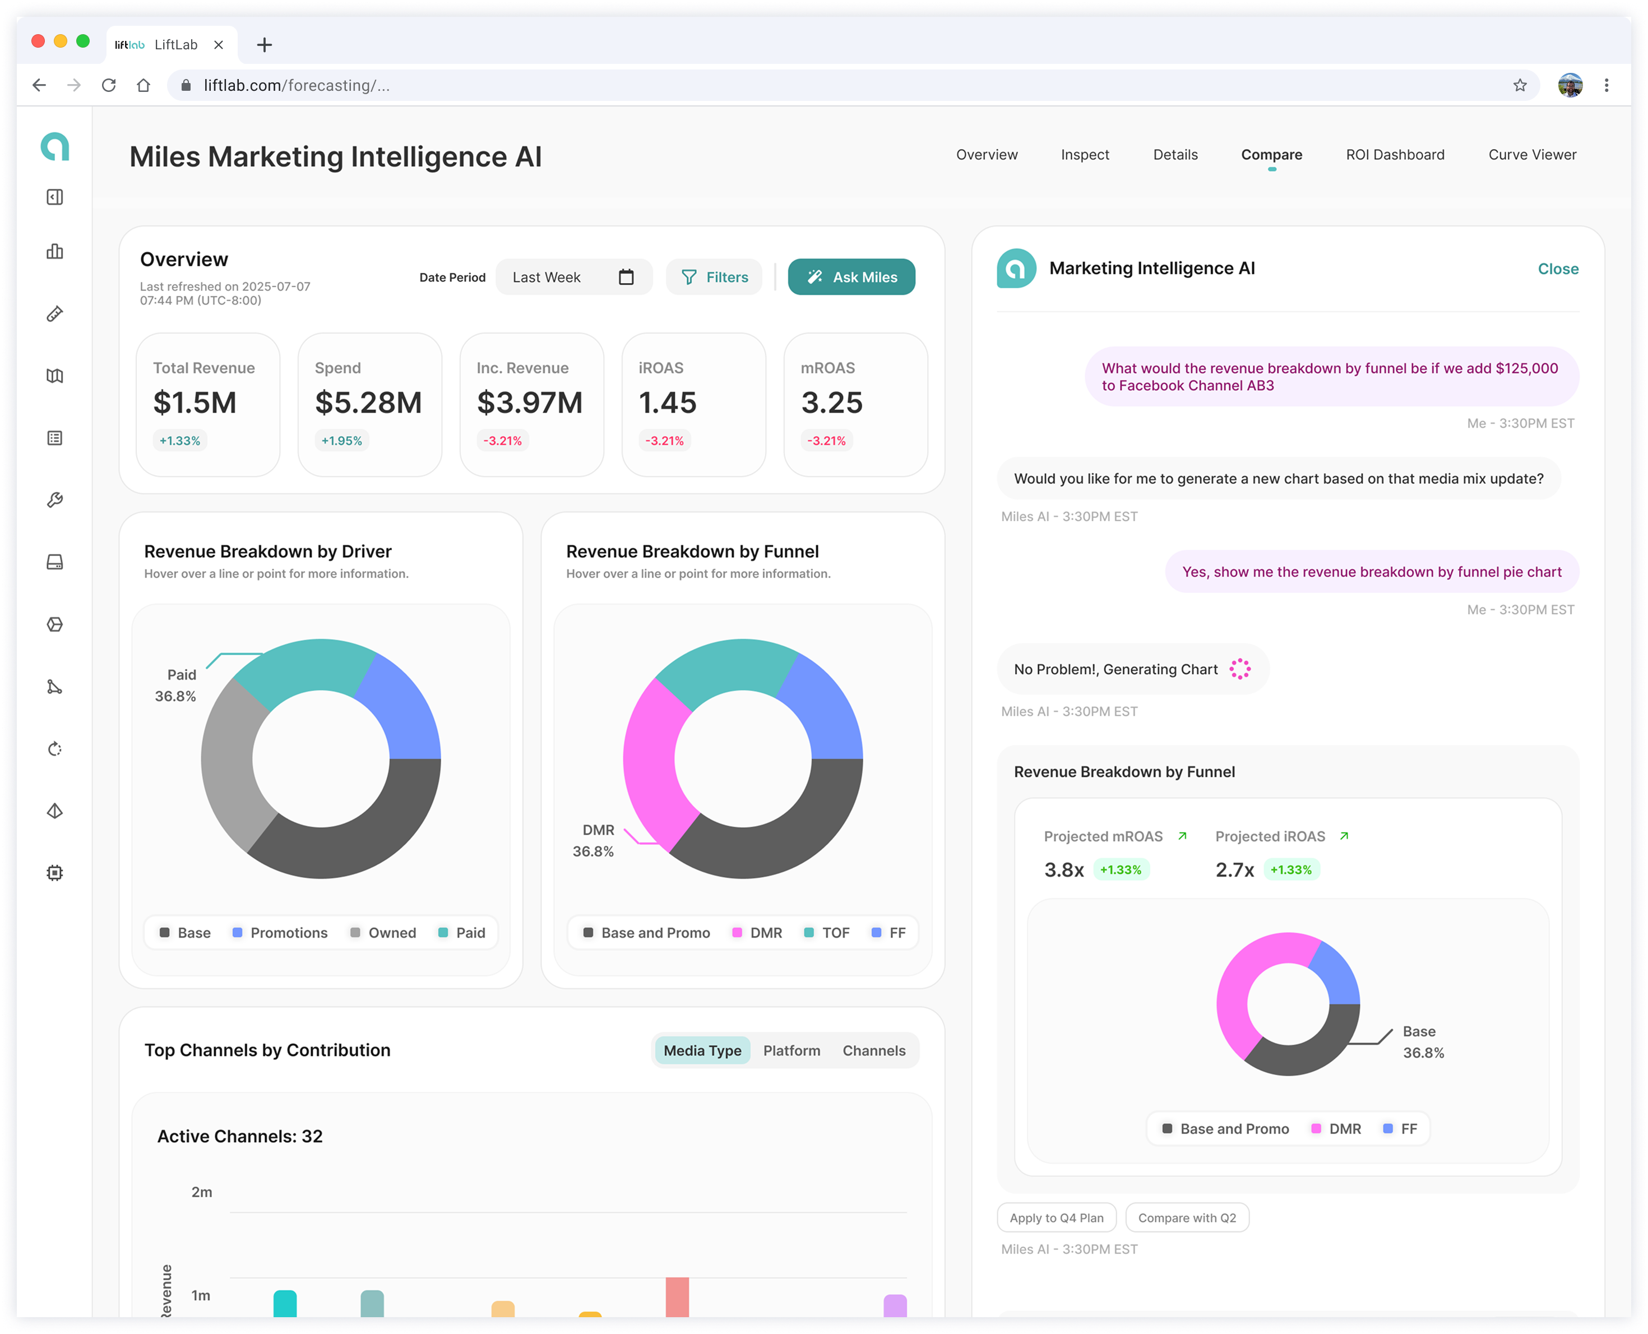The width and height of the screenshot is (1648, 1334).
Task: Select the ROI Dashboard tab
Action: (x=1395, y=155)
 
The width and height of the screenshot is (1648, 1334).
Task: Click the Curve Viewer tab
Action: (x=1532, y=155)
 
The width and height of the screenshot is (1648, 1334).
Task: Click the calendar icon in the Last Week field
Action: (x=626, y=277)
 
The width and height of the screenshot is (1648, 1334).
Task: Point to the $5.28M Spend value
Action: (x=368, y=402)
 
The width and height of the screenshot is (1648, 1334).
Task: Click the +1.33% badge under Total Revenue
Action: (x=180, y=441)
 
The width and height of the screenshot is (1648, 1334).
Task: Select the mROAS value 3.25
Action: (x=831, y=402)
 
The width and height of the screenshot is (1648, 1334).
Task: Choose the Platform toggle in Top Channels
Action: (x=791, y=1050)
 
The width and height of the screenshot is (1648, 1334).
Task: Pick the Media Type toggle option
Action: (x=702, y=1050)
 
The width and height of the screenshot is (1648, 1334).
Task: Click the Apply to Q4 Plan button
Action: (x=1057, y=1218)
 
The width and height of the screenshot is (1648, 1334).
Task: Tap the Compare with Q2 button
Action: (x=1187, y=1218)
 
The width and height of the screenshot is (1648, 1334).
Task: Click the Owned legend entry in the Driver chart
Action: (x=383, y=933)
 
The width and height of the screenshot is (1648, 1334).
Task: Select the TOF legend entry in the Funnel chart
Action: (x=827, y=933)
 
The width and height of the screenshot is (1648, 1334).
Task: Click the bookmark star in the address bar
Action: (x=1520, y=85)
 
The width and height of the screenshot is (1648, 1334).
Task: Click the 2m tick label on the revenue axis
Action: (x=201, y=1192)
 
